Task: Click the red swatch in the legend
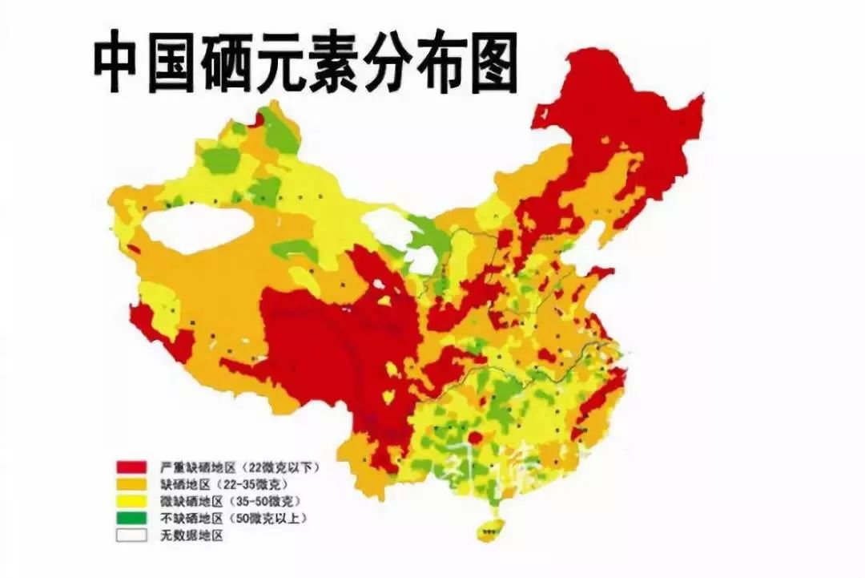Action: click(131, 467)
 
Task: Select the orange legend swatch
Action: click(131, 484)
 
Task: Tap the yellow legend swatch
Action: click(131, 501)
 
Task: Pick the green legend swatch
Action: click(131, 518)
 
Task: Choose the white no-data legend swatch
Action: click(131, 535)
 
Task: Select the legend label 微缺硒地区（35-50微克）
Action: click(223, 501)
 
